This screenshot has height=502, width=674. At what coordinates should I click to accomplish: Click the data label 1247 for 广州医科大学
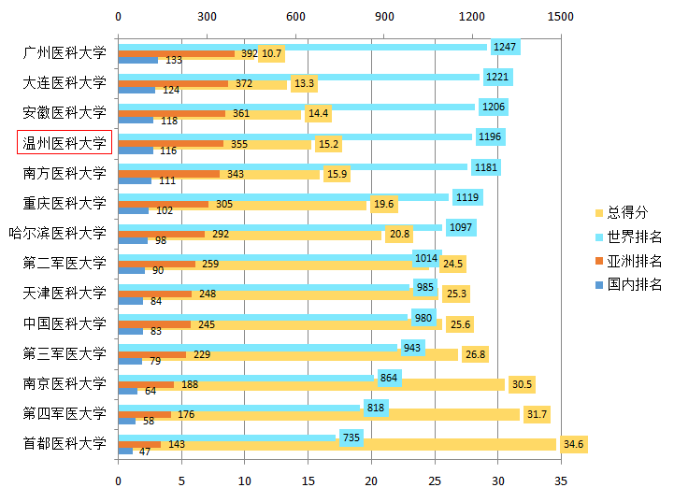[505, 47]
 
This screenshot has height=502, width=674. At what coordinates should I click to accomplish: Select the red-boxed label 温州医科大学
[65, 143]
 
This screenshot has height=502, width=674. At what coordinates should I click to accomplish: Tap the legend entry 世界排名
[635, 237]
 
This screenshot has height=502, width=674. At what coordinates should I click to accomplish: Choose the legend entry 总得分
[628, 212]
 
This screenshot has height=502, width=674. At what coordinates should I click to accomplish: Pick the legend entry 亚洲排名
[635, 261]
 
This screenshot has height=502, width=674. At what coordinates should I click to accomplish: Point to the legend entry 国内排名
[635, 284]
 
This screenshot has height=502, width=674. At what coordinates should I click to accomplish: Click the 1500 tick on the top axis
[561, 17]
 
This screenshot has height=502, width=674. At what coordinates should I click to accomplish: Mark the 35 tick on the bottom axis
[561, 480]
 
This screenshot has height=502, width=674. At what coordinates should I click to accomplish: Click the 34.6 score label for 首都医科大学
[574, 444]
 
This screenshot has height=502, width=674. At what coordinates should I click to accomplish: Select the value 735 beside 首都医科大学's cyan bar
[351, 437]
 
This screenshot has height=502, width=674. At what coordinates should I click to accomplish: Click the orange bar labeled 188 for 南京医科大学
[146, 384]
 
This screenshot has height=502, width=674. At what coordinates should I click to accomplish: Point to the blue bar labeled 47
[125, 452]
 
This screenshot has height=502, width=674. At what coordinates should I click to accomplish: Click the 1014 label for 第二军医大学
[426, 257]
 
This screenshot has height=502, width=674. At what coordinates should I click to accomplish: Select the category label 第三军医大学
[65, 353]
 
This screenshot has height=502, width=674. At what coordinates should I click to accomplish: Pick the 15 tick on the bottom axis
[308, 480]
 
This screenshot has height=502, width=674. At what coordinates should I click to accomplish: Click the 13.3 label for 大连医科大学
[304, 84]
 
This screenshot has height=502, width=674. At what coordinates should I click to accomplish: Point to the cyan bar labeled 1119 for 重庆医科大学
[280, 197]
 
